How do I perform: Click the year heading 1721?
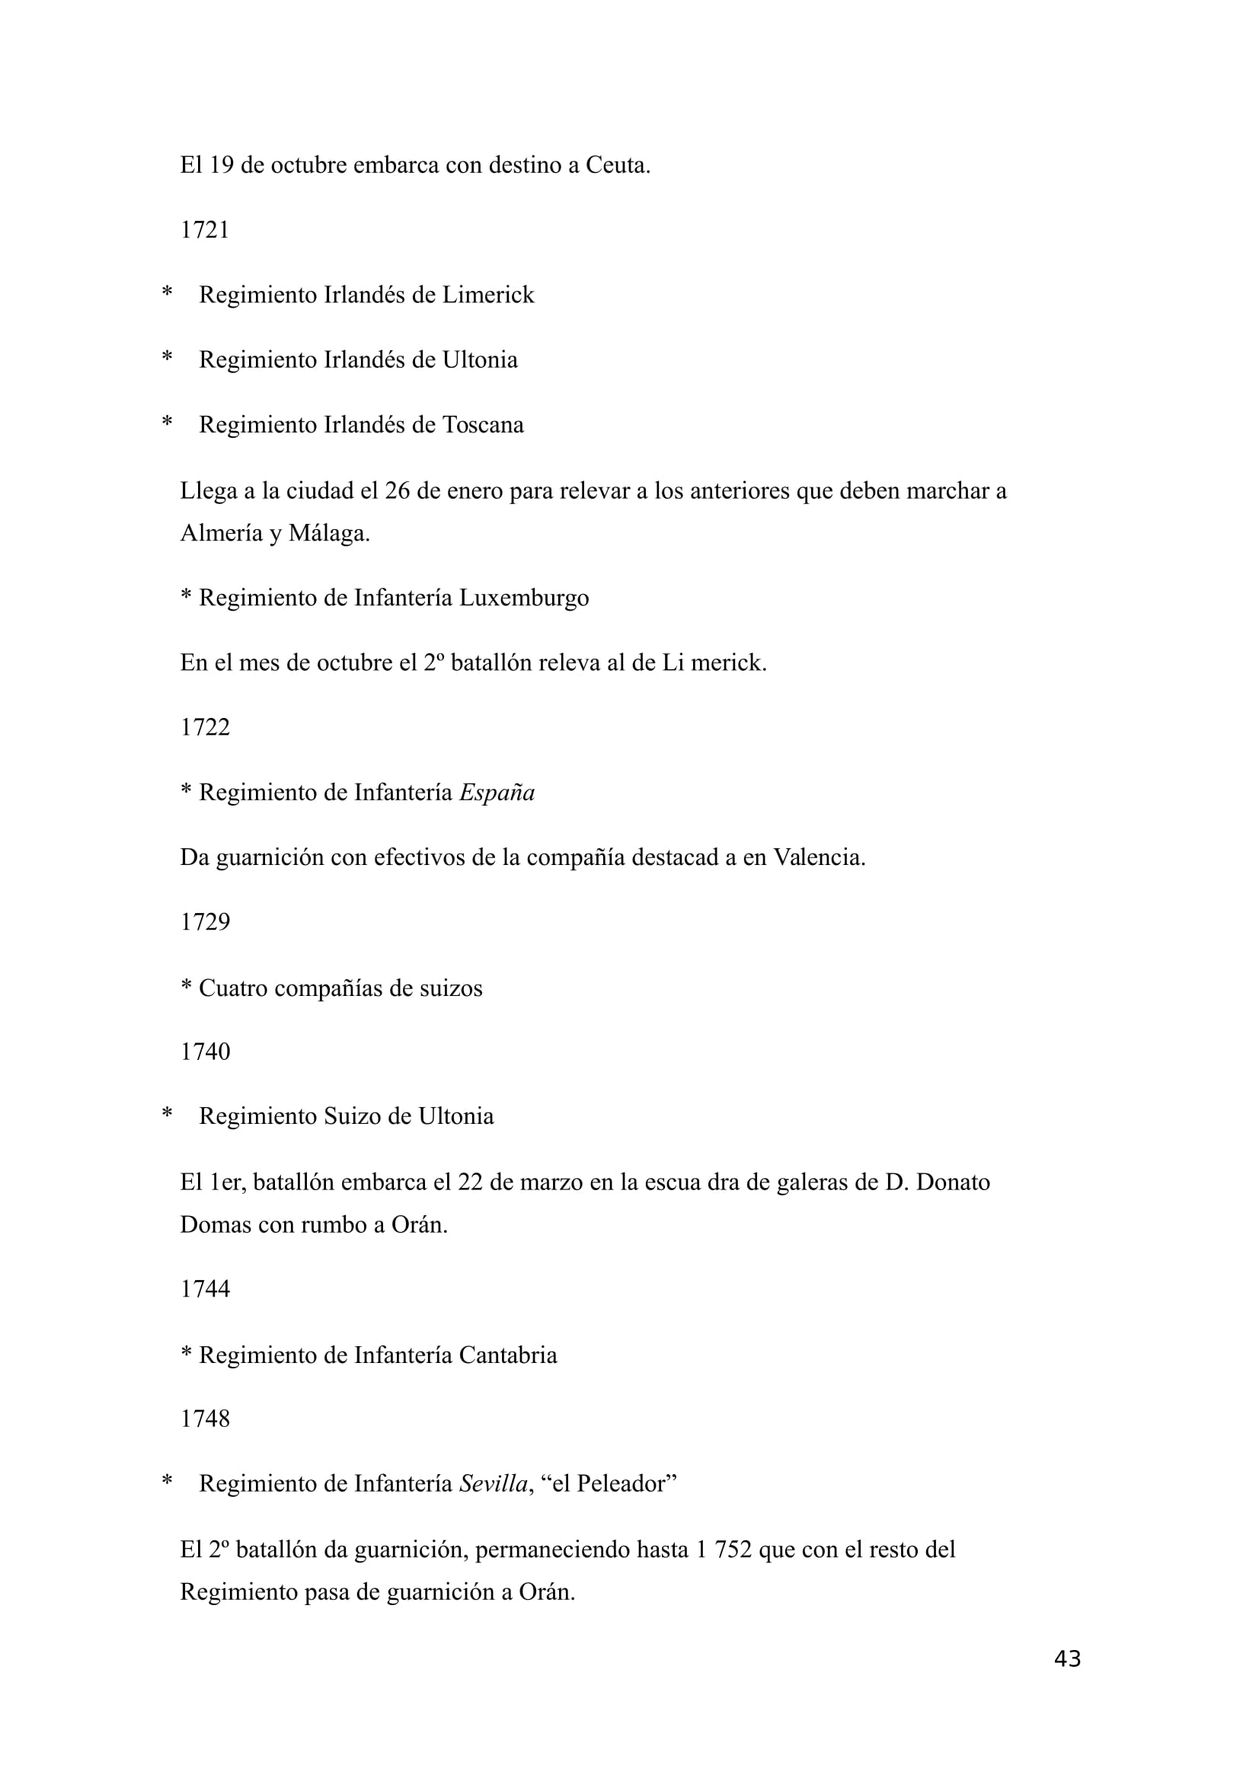click(205, 231)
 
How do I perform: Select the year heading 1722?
click(205, 728)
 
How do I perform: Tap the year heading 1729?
click(205, 922)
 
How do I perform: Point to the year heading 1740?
click(205, 1052)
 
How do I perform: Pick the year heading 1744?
click(205, 1289)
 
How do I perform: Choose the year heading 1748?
click(205, 1419)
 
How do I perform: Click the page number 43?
click(1067, 1658)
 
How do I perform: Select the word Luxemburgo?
click(523, 598)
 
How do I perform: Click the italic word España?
click(497, 793)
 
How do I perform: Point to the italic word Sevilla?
click(494, 1484)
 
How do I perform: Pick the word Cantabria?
click(507, 1355)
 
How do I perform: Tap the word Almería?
click(221, 534)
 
